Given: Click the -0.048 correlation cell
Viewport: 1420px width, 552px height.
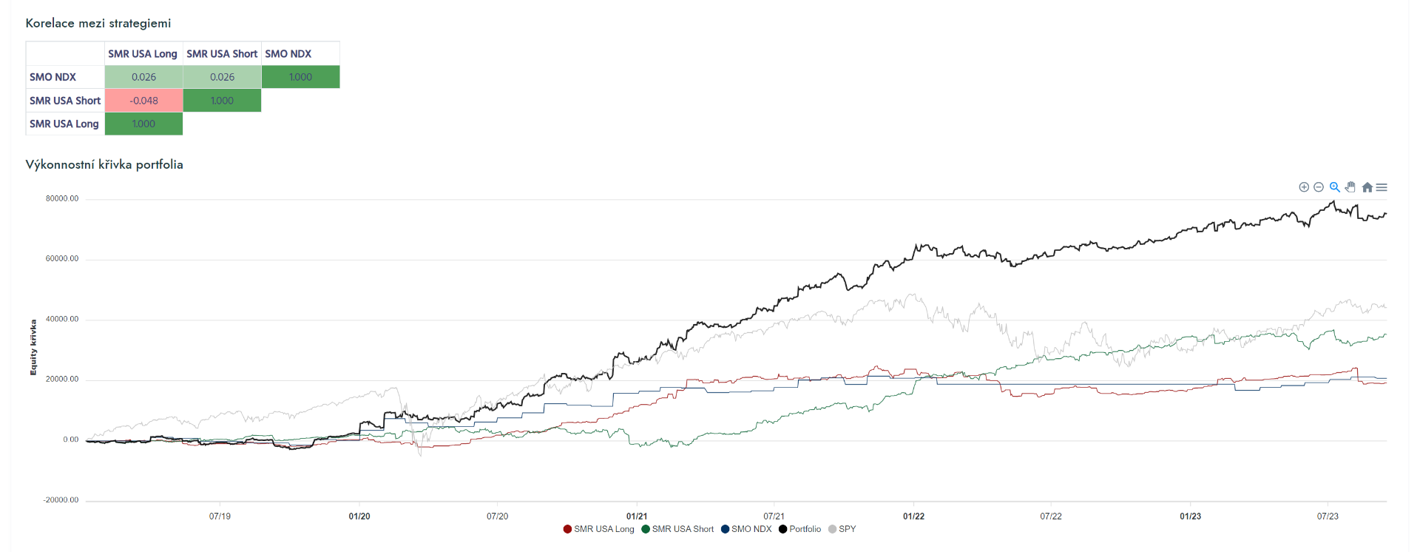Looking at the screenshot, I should point(143,101).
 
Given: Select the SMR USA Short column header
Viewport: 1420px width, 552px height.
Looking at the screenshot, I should point(222,54).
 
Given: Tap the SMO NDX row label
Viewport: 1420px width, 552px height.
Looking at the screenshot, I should point(53,77).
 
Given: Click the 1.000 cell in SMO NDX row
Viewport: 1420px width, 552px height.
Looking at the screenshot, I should point(300,77).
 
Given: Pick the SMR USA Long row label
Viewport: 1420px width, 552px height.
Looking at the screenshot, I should point(64,124).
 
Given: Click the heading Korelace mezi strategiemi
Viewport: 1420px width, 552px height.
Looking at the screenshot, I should point(98,23).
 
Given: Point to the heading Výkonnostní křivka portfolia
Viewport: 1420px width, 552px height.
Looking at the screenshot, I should point(104,164).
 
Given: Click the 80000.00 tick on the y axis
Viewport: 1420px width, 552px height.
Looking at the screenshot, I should point(62,198).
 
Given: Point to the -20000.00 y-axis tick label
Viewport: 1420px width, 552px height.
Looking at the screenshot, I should point(61,499).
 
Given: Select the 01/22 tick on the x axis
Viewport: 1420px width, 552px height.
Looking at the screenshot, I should point(913,516).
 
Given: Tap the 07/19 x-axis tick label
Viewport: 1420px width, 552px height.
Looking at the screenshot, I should point(220,516).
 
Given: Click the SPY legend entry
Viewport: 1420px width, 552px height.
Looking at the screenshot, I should point(842,529).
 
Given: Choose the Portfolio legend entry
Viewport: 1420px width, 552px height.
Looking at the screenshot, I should point(800,529).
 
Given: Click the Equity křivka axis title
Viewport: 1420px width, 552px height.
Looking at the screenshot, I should point(33,347).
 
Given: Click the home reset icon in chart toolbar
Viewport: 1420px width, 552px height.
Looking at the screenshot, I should point(1367,187).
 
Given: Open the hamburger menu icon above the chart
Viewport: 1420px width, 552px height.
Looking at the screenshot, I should point(1382,187).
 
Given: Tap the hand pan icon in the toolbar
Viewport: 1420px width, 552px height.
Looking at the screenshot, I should point(1350,187).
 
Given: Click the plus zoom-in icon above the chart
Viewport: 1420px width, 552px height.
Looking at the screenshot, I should point(1304,187).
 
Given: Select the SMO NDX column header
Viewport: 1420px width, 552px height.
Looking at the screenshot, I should point(288,54).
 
